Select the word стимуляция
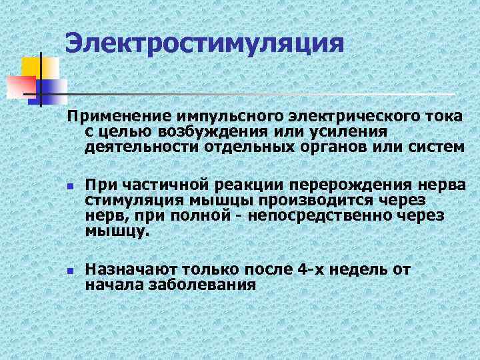(x=133, y=199)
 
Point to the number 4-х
(x=315, y=270)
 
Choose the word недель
(x=363, y=270)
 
